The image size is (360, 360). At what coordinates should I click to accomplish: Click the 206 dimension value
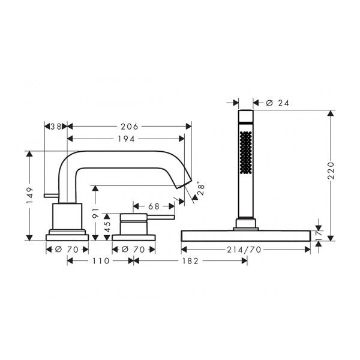(x=130, y=127)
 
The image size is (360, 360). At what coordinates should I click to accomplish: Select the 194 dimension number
(x=126, y=139)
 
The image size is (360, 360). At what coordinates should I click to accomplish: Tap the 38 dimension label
(x=56, y=127)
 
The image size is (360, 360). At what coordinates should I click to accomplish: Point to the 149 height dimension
(x=29, y=196)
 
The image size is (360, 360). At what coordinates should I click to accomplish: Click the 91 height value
(x=95, y=213)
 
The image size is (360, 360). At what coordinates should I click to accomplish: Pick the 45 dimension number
(x=107, y=227)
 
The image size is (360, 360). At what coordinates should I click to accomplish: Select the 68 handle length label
(x=154, y=206)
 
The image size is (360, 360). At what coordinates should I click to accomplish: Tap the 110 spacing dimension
(x=101, y=261)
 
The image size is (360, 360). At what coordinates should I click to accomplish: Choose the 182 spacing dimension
(x=190, y=261)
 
